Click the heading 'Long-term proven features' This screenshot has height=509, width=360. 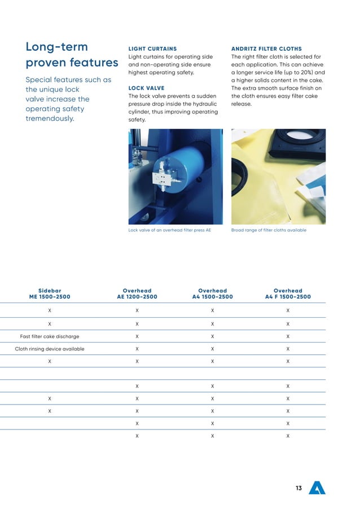click(72, 54)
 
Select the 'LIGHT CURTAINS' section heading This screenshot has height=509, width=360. click(152, 49)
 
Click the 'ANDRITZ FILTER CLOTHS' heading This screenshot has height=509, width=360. click(266, 49)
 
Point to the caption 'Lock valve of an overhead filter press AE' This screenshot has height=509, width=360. click(169, 230)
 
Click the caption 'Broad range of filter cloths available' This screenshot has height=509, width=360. click(269, 230)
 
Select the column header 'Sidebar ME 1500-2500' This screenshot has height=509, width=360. click(50, 294)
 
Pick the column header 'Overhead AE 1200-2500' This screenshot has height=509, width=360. click(137, 294)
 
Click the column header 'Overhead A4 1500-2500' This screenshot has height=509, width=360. click(212, 294)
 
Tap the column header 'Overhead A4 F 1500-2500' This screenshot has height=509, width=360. click(288, 294)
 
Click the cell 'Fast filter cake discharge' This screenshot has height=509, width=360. click(50, 336)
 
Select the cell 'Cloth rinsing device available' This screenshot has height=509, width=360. click(50, 349)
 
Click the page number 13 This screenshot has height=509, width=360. click(298, 488)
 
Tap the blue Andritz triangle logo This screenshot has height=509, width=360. click(317, 488)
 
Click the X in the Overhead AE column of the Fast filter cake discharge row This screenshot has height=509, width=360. click(137, 336)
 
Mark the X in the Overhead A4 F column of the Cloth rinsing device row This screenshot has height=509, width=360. click(288, 349)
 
